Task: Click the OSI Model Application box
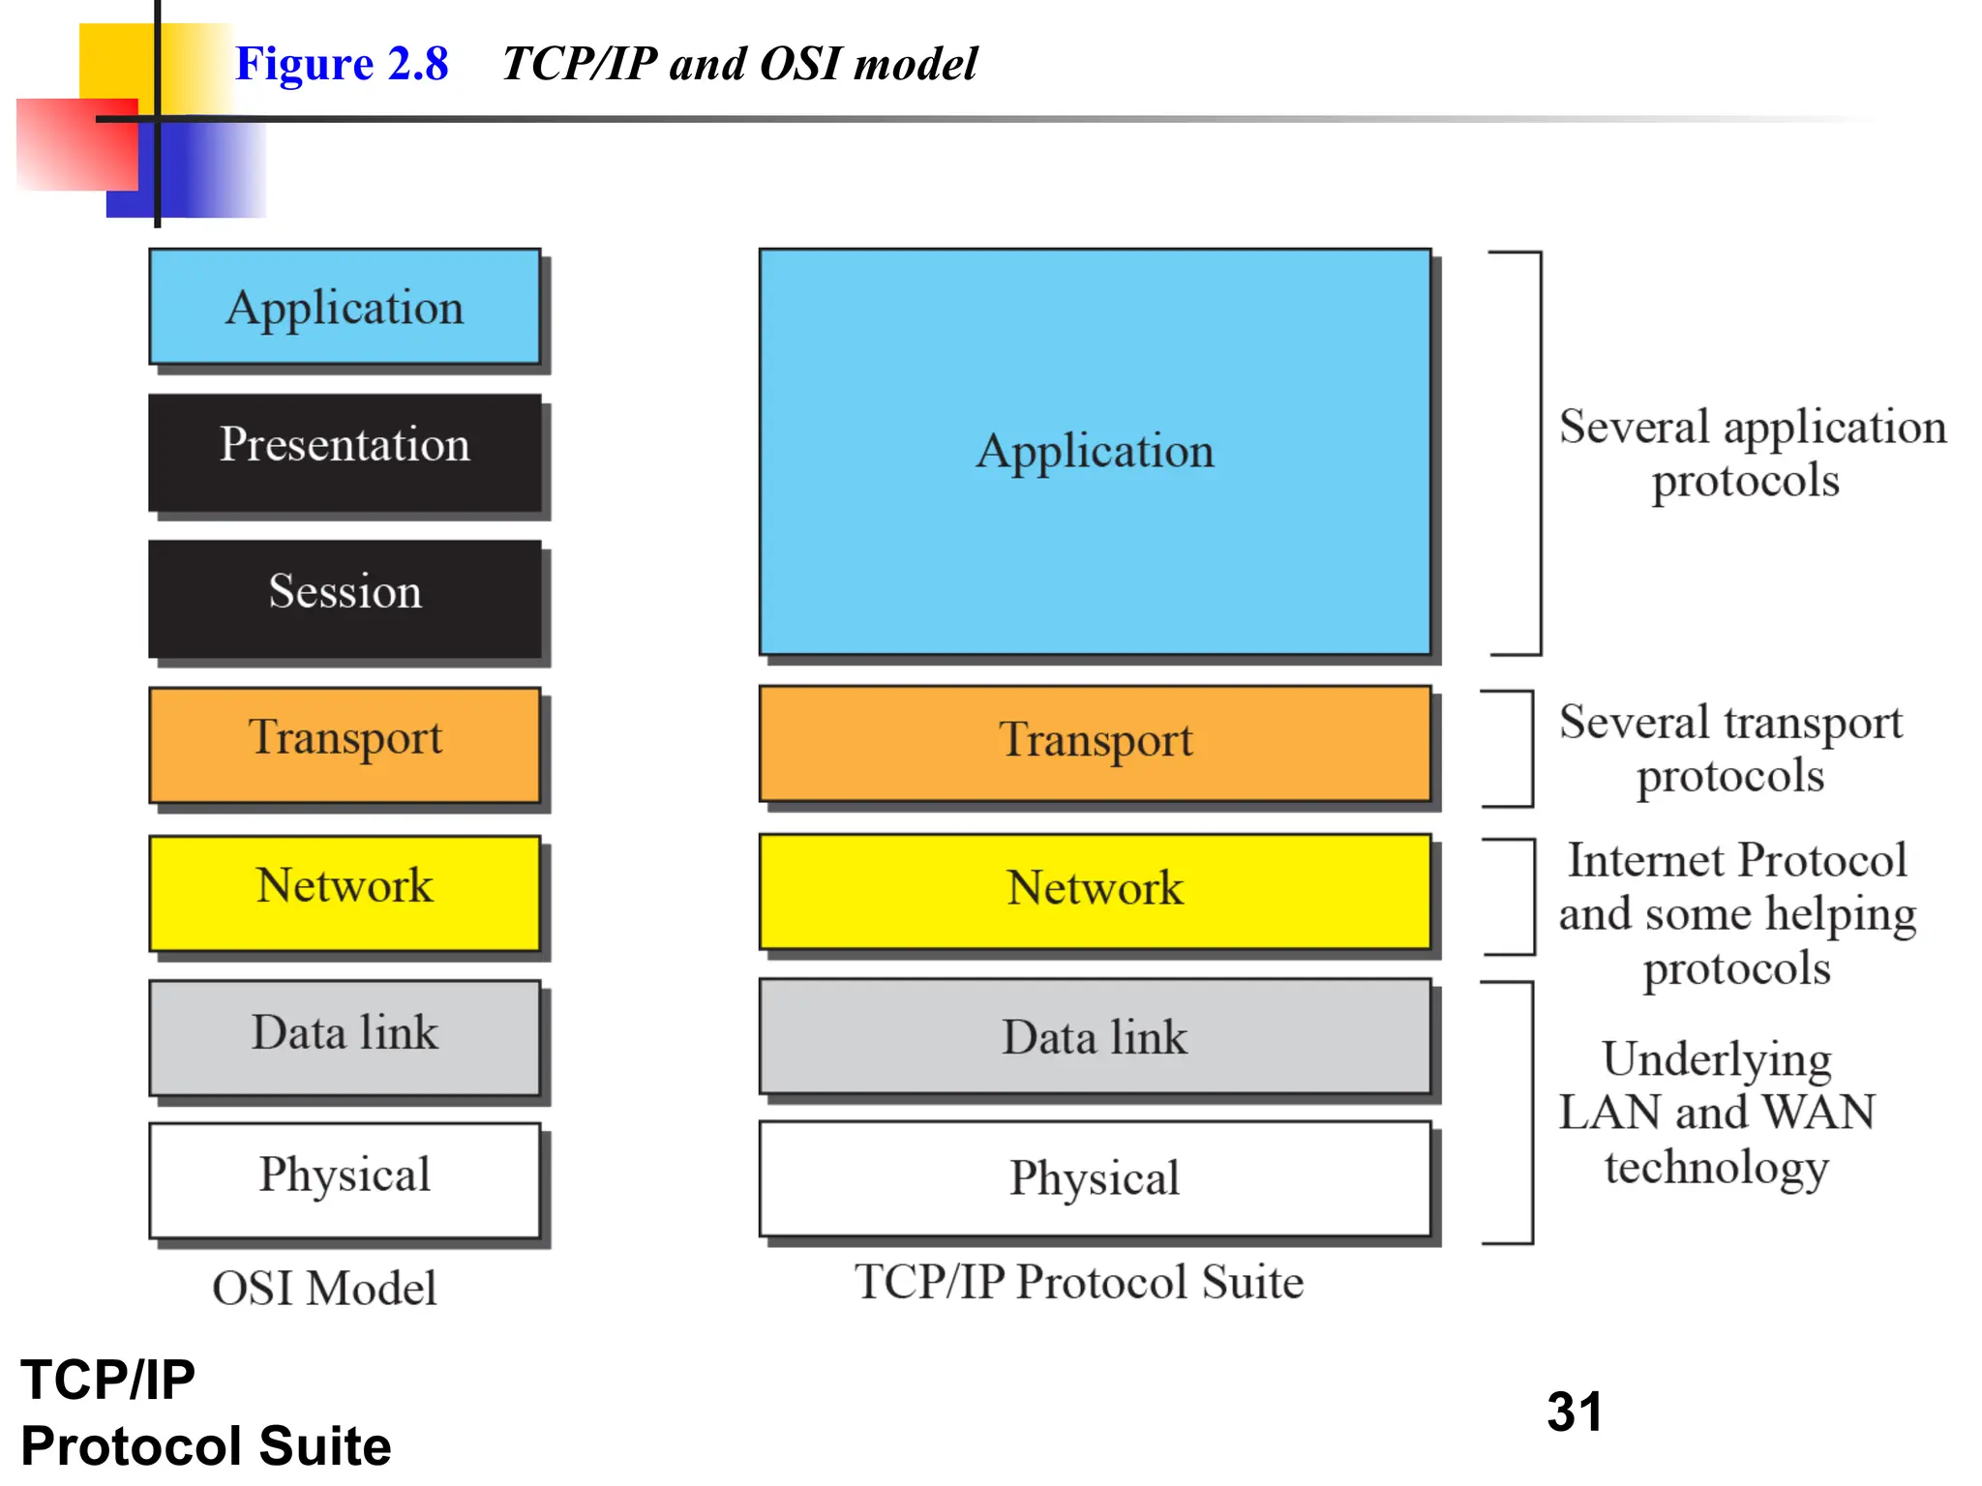(345, 307)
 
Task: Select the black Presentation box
(345, 452)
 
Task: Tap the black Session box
(345, 599)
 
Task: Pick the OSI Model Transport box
(345, 745)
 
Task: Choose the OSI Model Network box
(345, 892)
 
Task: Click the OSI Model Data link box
(345, 1037)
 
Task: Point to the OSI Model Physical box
(345, 1179)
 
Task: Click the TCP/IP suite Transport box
(1095, 743)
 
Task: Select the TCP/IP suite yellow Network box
(1095, 891)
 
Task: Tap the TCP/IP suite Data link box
(1095, 1036)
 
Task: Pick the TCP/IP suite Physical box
(1095, 1178)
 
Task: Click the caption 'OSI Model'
(324, 1288)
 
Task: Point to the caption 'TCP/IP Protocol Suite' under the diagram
(1079, 1282)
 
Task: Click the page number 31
(1575, 1412)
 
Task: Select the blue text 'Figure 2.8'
(342, 64)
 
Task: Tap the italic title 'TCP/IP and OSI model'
(740, 64)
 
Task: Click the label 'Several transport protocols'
(1730, 749)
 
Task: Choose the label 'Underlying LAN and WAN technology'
(1717, 1113)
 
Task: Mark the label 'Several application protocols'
(1752, 453)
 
